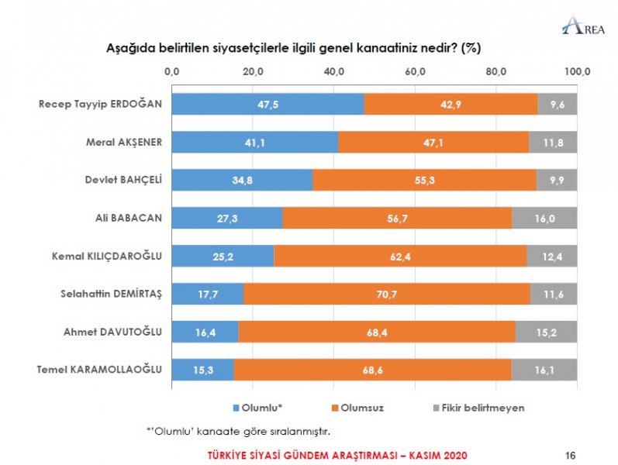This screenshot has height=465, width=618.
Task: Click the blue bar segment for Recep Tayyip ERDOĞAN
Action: [268, 104]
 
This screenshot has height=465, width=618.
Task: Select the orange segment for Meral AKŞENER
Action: [433, 142]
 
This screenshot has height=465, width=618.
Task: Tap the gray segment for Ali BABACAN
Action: [544, 219]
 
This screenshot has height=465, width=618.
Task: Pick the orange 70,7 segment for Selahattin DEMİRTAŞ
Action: [387, 294]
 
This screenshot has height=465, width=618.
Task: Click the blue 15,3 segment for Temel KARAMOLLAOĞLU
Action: [202, 370]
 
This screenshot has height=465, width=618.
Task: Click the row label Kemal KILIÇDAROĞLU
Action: [109, 256]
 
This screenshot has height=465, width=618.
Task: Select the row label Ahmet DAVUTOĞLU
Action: [112, 332]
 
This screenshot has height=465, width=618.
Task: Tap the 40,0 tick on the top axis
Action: [334, 71]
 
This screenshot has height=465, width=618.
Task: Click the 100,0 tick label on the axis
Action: [577, 71]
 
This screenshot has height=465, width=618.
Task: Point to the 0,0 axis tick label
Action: [172, 71]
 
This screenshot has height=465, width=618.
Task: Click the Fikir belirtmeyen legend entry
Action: [483, 407]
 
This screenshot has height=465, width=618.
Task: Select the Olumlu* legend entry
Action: [260, 407]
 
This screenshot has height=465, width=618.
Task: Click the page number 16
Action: [571, 453]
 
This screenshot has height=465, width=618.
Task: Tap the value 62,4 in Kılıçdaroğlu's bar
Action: [400, 257]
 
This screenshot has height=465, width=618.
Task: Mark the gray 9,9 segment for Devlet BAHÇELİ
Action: [556, 181]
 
